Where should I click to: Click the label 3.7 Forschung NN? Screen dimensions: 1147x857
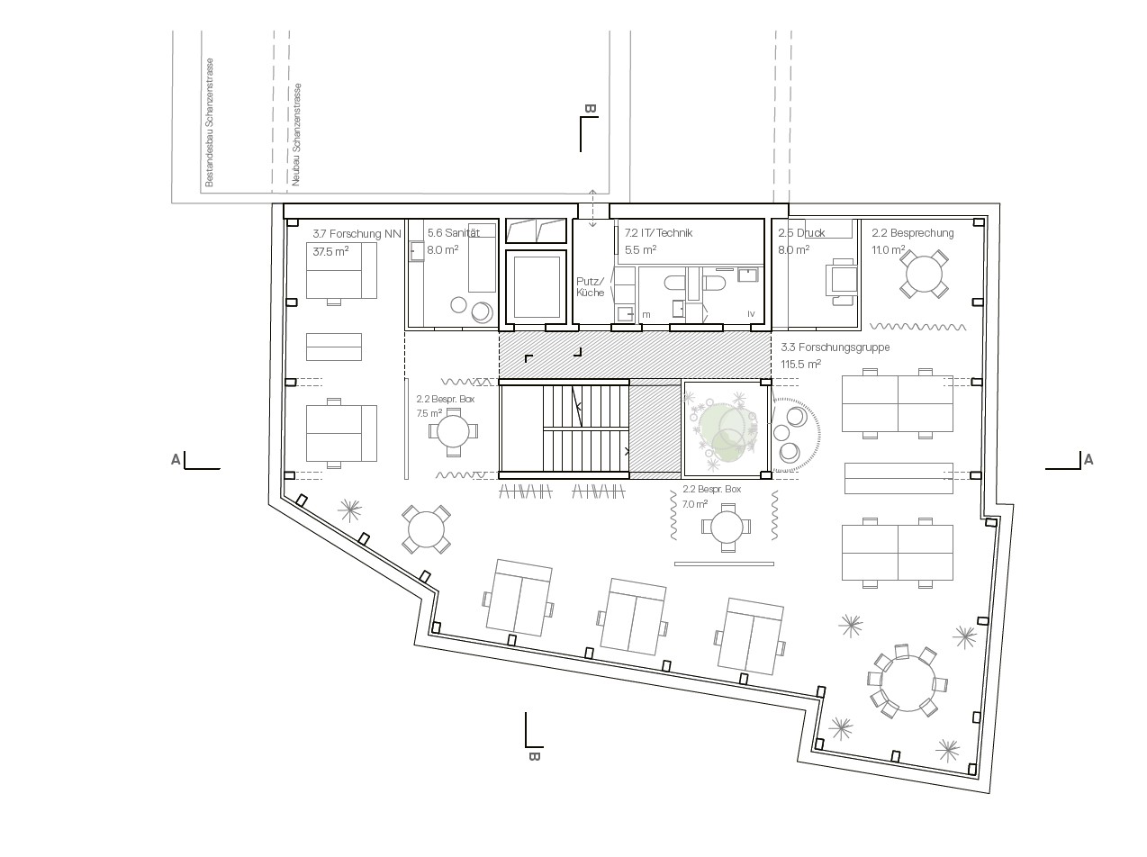[x=357, y=233]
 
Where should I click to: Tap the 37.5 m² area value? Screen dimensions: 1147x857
[x=330, y=251]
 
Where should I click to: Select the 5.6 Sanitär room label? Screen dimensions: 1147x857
[x=453, y=232]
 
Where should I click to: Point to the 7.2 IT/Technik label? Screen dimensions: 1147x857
[x=658, y=232]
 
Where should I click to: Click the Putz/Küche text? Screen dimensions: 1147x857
[x=590, y=286]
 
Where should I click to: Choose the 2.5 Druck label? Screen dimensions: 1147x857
[x=801, y=233]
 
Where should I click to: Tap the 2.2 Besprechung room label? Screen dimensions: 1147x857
[x=912, y=233]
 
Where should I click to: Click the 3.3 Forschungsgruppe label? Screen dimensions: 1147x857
[x=835, y=347]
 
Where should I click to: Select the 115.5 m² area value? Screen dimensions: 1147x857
[x=800, y=364]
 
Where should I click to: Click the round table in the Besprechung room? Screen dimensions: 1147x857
[x=924, y=275]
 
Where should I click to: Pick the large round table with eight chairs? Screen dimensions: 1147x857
[x=908, y=683]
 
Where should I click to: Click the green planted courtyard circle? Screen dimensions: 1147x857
[x=723, y=428]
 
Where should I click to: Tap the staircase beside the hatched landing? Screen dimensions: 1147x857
[x=585, y=428]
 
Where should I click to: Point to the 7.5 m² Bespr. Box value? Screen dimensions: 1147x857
[x=429, y=413]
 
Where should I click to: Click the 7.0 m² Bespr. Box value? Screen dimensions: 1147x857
[x=695, y=504]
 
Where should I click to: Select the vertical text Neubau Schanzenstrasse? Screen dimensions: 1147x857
[x=296, y=135]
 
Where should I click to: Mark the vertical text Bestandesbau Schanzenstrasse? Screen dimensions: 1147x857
[x=209, y=122]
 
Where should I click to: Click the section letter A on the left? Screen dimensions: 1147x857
[x=176, y=460]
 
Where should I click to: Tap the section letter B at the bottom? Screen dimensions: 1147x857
[x=534, y=756]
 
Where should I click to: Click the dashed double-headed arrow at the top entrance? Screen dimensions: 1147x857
[x=592, y=208]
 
